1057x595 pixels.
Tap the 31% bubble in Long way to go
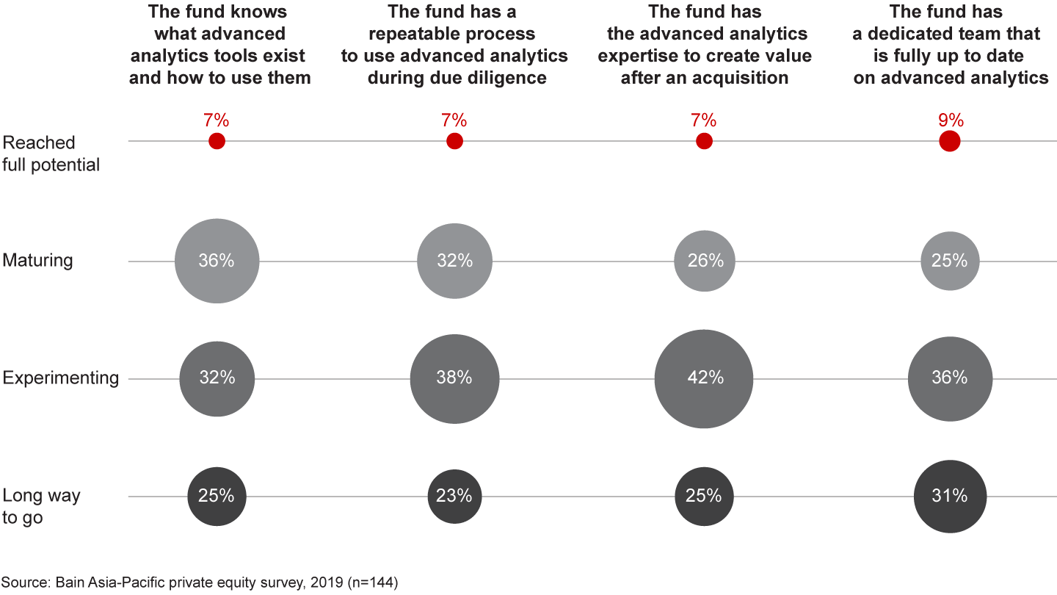coord(950,497)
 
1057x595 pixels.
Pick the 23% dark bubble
coord(454,497)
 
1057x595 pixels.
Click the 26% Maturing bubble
coord(704,261)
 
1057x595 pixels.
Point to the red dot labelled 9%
coord(950,141)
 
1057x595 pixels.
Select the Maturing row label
coord(37,261)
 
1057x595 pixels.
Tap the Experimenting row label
coord(60,378)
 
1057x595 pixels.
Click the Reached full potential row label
coord(51,154)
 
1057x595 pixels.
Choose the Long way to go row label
coord(42,507)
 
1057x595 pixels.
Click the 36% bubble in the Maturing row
coord(217,261)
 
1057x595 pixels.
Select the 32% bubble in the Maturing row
coord(454,261)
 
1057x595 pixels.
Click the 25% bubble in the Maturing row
coord(950,261)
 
